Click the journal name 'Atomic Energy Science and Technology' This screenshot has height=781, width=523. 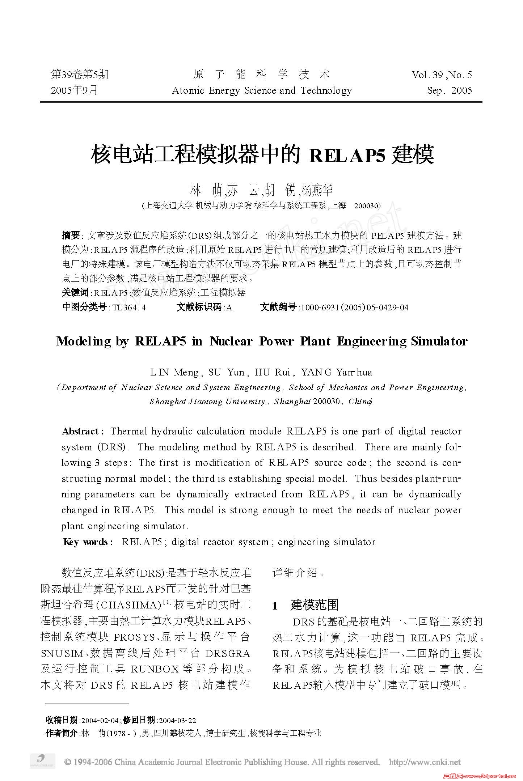(x=262, y=90)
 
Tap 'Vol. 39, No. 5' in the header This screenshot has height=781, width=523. (x=442, y=75)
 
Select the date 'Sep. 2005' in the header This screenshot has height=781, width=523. (x=450, y=90)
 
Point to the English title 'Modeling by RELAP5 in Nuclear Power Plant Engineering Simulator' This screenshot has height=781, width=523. (x=262, y=341)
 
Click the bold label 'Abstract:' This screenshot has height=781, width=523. (x=83, y=431)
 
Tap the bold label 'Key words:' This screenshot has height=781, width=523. (x=88, y=542)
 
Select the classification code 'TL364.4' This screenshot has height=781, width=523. (x=129, y=307)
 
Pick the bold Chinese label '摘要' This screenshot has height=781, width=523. (x=71, y=235)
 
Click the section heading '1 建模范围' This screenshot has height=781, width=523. (x=306, y=604)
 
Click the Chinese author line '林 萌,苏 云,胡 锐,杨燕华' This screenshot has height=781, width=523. (x=261, y=190)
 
